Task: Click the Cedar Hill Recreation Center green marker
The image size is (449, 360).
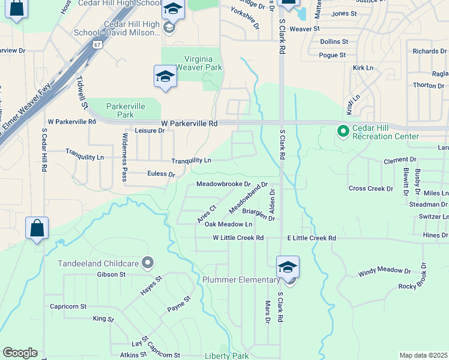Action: [343, 130]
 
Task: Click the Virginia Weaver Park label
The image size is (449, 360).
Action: [194, 63]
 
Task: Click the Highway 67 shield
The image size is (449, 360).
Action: [97, 45]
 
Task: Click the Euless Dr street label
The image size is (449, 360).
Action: [161, 174]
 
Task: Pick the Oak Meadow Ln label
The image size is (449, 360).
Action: [228, 224]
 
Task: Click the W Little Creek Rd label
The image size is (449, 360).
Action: [238, 238]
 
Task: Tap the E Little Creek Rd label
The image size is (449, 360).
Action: [311, 238]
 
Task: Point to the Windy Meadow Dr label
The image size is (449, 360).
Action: [385, 271]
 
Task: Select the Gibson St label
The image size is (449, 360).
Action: [110, 274]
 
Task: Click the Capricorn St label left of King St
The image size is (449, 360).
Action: [66, 307]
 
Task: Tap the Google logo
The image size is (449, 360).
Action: [20, 353]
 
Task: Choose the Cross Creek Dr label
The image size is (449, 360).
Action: [371, 188]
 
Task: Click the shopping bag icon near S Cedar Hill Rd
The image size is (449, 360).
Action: [37, 229]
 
